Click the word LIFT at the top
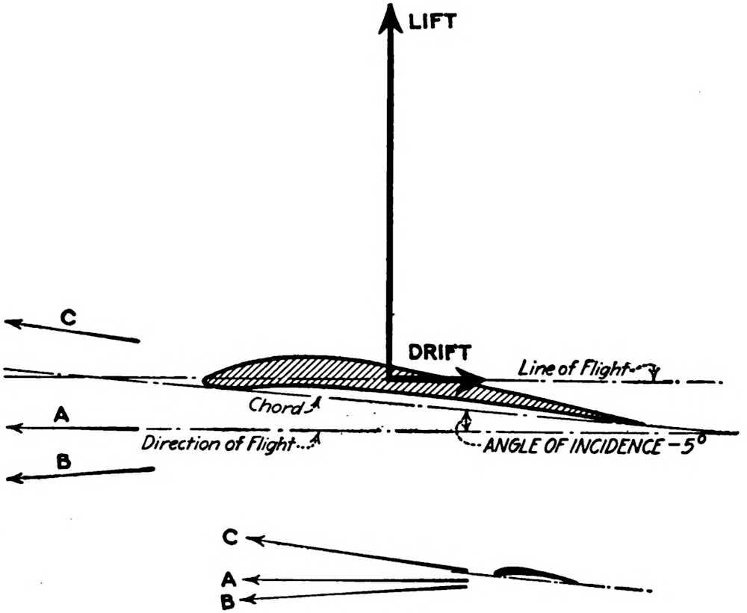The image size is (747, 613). (433, 22)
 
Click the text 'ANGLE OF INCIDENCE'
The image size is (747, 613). (570, 447)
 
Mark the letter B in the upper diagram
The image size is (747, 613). (63, 461)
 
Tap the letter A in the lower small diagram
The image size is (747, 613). (230, 577)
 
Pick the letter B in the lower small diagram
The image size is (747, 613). (229, 598)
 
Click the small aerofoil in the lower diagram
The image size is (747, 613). (534, 573)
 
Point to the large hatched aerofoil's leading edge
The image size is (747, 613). (205, 380)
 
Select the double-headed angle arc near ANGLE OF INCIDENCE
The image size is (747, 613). (467, 420)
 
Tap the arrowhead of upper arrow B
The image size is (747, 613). (13, 477)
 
